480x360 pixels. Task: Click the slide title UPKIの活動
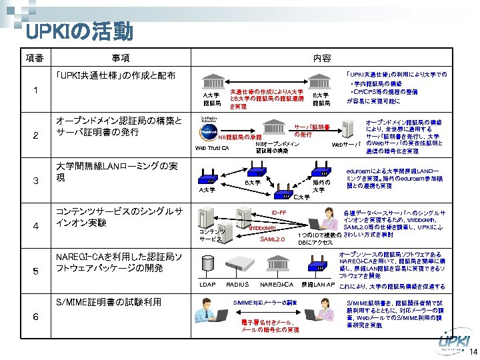[79, 31]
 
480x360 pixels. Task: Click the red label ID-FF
[279, 213]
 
